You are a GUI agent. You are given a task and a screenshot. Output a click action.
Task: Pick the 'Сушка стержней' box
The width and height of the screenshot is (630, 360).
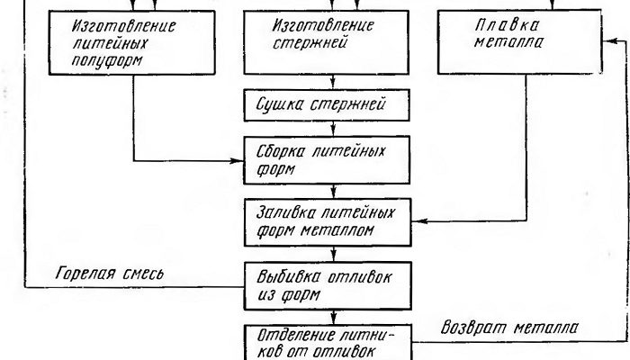pos(334,104)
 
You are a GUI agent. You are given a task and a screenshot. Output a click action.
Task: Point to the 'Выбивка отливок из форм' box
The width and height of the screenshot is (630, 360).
pos(334,279)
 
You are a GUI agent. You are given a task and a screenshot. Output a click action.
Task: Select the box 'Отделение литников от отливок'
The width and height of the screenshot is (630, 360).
pos(334,341)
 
